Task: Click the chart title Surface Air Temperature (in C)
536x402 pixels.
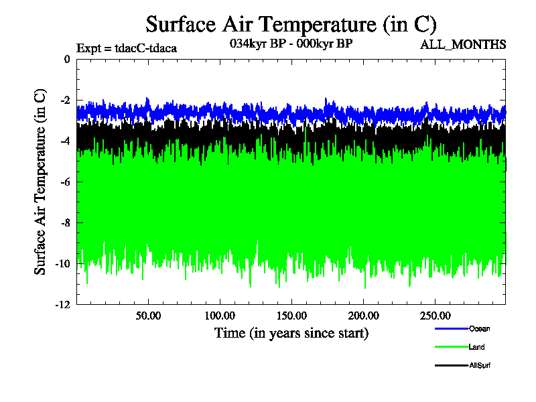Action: point(291,25)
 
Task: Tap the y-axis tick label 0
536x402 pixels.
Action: point(67,60)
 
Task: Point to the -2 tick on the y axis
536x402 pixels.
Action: point(65,100)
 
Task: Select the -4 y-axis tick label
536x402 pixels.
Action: point(65,141)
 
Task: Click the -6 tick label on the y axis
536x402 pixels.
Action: point(65,182)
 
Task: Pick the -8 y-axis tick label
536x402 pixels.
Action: point(65,222)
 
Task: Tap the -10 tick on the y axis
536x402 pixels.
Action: point(63,263)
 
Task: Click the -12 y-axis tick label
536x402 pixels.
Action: point(63,304)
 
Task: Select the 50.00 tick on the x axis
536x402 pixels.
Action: point(148,315)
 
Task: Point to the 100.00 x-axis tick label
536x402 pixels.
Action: point(219,315)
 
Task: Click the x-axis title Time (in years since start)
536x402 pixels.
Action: point(291,333)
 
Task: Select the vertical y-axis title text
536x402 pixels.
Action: point(41,181)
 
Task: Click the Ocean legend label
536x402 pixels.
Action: point(479,328)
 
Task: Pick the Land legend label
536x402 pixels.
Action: point(477,347)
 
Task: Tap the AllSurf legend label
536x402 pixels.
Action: point(481,365)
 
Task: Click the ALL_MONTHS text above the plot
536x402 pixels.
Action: point(463,45)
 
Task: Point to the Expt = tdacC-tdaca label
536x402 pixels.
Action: point(127,48)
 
